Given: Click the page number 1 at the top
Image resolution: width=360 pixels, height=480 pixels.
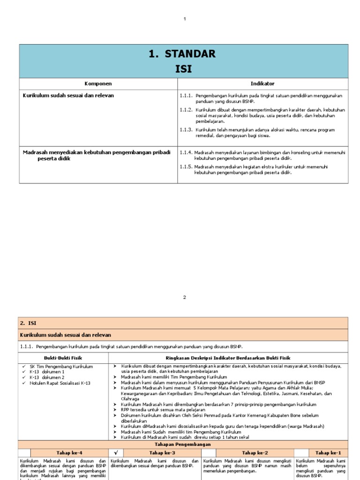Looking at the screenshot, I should pos(185,19).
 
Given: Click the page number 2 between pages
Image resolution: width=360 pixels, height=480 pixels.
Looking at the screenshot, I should pos(185,297).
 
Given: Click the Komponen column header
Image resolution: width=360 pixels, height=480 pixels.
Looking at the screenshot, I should pos(98,83).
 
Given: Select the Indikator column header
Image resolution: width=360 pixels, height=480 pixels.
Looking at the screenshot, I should pos(262,83).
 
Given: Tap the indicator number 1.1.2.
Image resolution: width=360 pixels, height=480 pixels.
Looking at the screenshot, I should pos(186,110).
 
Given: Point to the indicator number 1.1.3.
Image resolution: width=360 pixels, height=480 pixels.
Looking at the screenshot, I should pos(186,129).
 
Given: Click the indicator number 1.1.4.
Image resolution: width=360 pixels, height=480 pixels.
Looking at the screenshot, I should pos(186,152).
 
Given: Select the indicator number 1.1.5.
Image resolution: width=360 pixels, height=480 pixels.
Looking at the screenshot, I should pos(186,166).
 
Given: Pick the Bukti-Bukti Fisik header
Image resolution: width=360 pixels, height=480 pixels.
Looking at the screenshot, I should pos(63,357).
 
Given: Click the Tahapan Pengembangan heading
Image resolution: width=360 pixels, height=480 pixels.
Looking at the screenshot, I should pos(183,444).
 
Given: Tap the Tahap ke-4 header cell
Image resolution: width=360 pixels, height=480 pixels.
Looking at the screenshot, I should pos(69,453).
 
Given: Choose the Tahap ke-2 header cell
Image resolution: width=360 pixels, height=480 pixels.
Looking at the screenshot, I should pos(255,453).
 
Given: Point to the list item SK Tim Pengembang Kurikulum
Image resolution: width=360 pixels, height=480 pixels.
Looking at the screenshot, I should pos(62,366).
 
